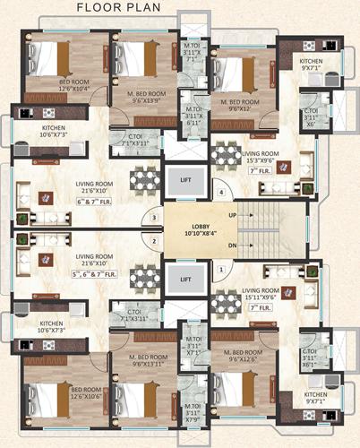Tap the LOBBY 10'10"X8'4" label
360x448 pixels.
pyautogui.click(x=191, y=229)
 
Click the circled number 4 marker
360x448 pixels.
pyautogui.click(x=220, y=192)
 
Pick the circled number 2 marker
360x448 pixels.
pyautogui.click(x=154, y=240)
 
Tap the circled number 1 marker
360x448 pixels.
pyautogui.click(x=220, y=267)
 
